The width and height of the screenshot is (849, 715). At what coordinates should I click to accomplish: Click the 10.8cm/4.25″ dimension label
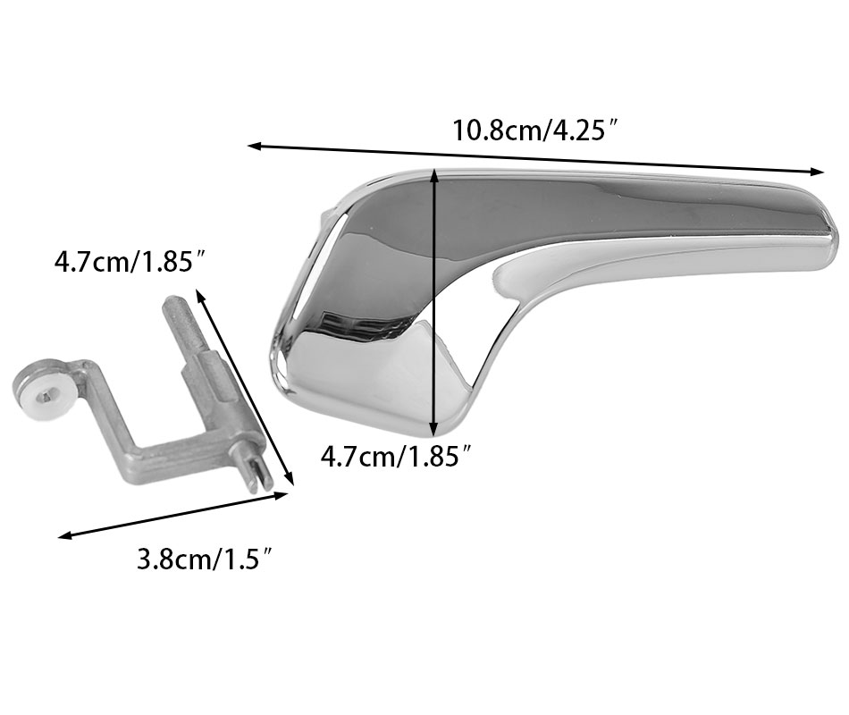pos(535,130)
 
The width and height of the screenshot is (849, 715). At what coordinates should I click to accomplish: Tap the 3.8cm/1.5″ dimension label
pos(204,559)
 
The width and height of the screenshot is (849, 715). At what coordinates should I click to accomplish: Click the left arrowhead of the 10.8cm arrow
pos(254,146)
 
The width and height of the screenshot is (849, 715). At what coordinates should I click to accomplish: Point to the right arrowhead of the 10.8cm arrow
pos(817,172)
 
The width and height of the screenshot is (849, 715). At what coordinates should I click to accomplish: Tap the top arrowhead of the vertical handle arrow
pos(433,173)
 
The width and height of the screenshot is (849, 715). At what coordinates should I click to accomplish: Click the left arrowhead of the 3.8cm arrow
pos(64,536)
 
